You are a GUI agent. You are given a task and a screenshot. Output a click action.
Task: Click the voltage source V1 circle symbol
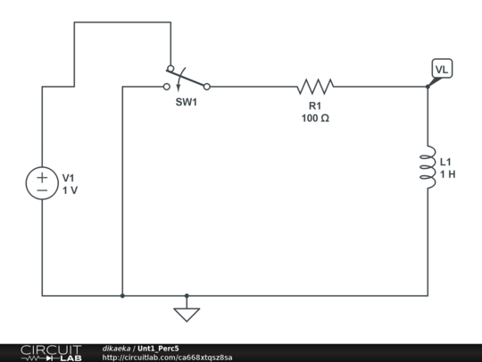(42, 184)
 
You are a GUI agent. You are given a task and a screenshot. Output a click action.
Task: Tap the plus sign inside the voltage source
(42, 177)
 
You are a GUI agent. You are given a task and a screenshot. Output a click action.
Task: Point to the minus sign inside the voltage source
(42, 191)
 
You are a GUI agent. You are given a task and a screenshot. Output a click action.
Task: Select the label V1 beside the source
(70, 177)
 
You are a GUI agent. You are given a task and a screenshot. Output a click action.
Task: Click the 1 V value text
(70, 190)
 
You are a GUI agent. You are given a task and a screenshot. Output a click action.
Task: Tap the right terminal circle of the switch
(207, 87)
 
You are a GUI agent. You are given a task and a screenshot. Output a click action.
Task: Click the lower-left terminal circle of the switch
(166, 87)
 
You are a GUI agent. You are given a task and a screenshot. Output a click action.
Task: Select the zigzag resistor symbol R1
(315, 87)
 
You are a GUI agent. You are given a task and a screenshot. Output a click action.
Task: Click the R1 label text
(315, 105)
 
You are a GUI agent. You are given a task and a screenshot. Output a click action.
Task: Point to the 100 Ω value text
(315, 118)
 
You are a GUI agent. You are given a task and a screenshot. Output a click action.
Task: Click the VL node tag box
(442, 69)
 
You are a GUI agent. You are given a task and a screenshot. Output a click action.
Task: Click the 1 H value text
(447, 174)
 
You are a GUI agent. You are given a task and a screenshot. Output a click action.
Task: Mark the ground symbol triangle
(187, 315)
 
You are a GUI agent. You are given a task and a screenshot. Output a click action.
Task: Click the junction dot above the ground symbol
(187, 296)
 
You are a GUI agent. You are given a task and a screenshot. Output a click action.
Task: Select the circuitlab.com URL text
(168, 358)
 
